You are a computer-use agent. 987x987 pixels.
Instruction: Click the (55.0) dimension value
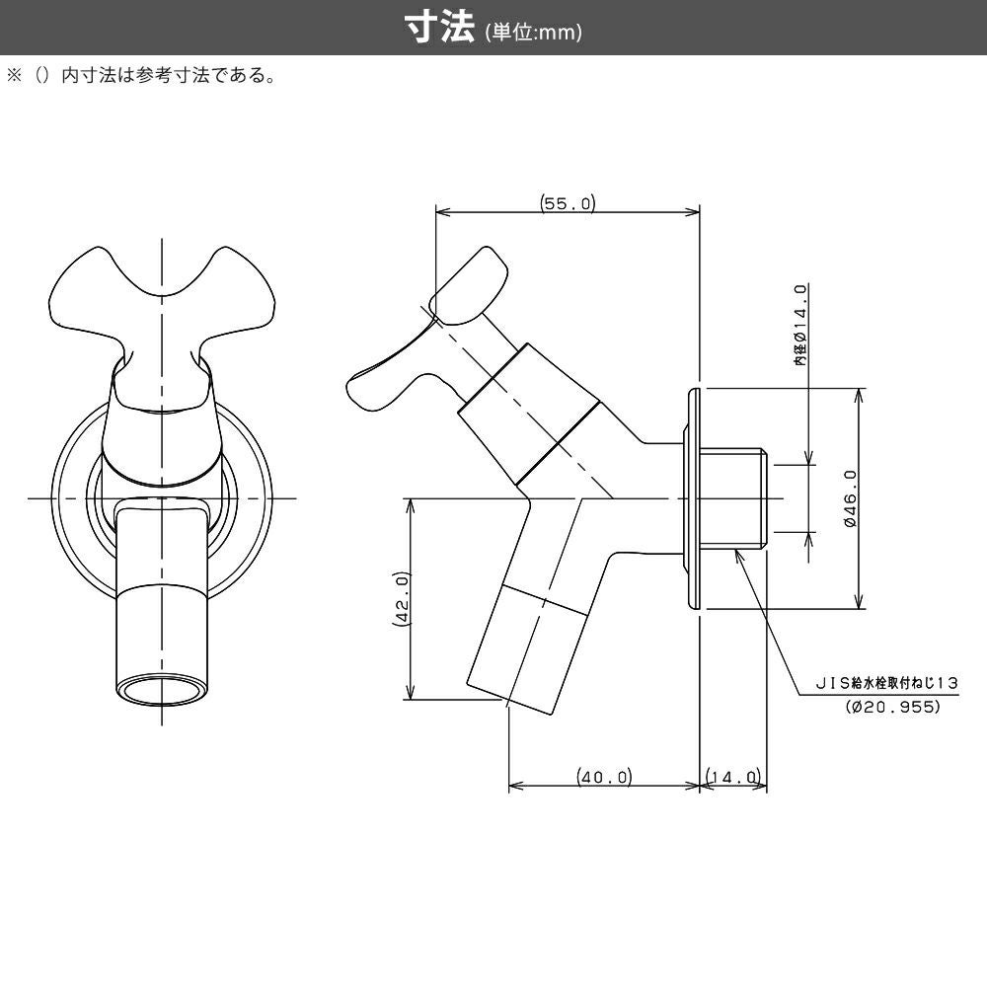coord(568,203)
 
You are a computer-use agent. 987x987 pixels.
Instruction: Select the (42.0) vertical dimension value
coord(401,599)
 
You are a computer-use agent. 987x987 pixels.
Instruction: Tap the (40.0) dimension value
coord(604,778)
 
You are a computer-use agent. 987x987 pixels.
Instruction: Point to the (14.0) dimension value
coord(733,778)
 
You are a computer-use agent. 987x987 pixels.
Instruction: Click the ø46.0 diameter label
coord(850,499)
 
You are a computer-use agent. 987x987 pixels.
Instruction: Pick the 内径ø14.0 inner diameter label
coord(801,326)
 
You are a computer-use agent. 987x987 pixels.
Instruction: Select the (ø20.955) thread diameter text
coord(893,707)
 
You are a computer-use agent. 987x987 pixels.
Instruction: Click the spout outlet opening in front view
coord(160,690)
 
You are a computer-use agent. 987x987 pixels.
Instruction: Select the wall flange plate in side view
coord(690,498)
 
